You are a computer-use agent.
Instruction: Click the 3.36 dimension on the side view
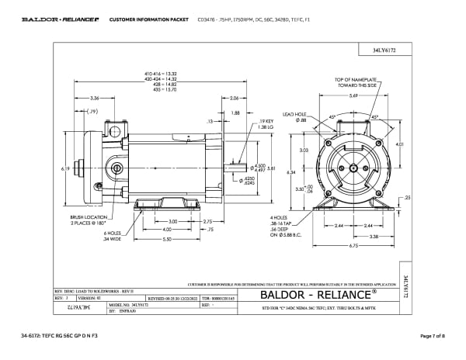[x=94, y=99]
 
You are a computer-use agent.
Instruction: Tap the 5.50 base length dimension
[x=167, y=239]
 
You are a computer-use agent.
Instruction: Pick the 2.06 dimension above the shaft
[x=234, y=99]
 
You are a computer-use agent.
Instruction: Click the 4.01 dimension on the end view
[x=400, y=144]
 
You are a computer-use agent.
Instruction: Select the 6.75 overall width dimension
[x=353, y=247]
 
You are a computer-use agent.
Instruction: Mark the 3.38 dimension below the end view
[x=374, y=237]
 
